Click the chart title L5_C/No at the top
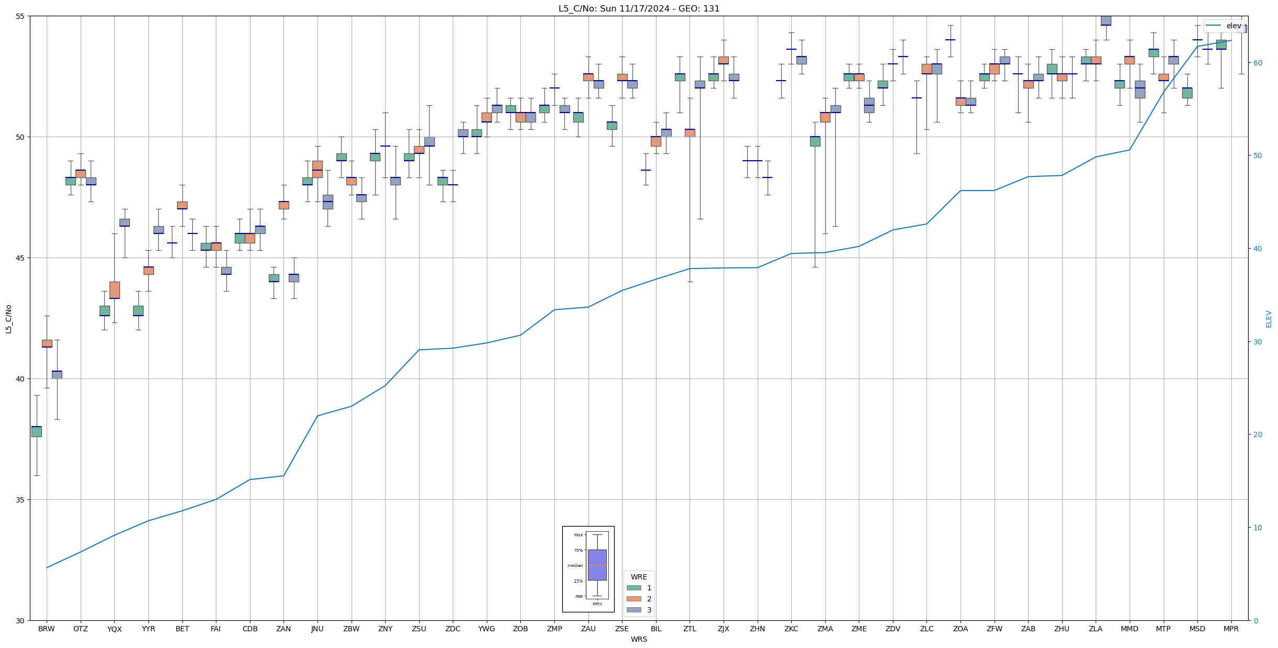tap(639, 8)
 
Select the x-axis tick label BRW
tap(47, 629)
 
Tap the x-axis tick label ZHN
tap(757, 629)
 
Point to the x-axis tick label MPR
tap(1231, 629)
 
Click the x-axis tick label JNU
tap(317, 629)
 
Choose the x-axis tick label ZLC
tap(926, 629)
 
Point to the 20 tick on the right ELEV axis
tap(1257, 434)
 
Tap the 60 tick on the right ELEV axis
tap(1257, 63)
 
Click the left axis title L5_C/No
tap(8, 318)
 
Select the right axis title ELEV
tap(1269, 318)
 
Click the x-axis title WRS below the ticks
tap(639, 639)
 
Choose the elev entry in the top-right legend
tap(1233, 26)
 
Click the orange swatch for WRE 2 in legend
tap(633, 599)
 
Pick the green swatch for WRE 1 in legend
tap(633, 588)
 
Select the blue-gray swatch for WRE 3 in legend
tap(633, 610)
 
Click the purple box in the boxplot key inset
tap(597, 565)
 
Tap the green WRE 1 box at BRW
tap(37, 431)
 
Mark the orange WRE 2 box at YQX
tap(114, 290)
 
